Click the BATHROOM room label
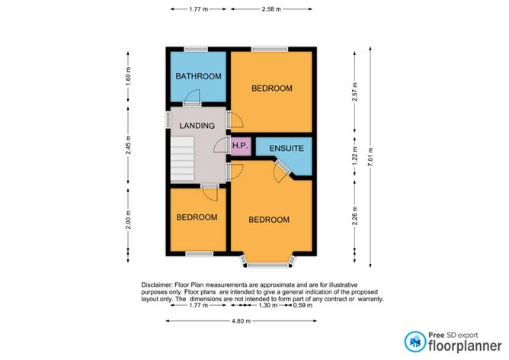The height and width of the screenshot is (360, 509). [198, 76]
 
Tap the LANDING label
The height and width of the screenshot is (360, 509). [197, 125]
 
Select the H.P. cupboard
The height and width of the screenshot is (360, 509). [240, 146]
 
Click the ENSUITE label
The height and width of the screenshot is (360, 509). [287, 148]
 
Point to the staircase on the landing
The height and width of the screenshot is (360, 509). [182, 159]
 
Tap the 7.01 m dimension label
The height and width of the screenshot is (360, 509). [371, 150]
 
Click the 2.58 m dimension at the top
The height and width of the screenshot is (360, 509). [271, 9]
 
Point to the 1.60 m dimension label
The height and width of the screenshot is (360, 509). [129, 76]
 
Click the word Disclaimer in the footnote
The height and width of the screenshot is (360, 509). [158, 284]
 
